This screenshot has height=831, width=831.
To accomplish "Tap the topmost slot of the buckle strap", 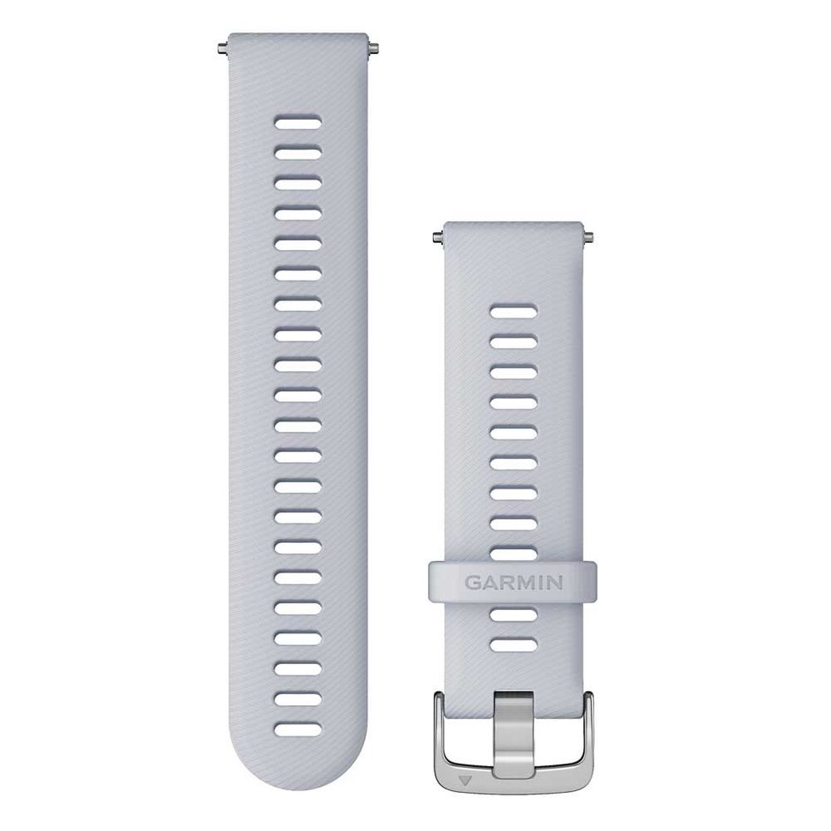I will tap(512, 313).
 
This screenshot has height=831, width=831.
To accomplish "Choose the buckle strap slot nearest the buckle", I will tap(512, 644).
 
